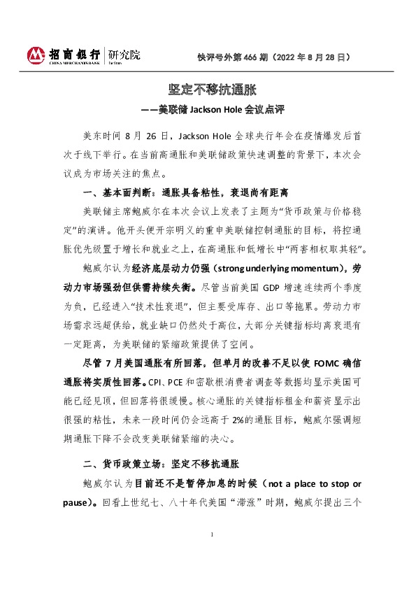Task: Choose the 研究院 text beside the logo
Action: click(x=126, y=52)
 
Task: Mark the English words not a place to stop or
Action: click(x=307, y=484)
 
